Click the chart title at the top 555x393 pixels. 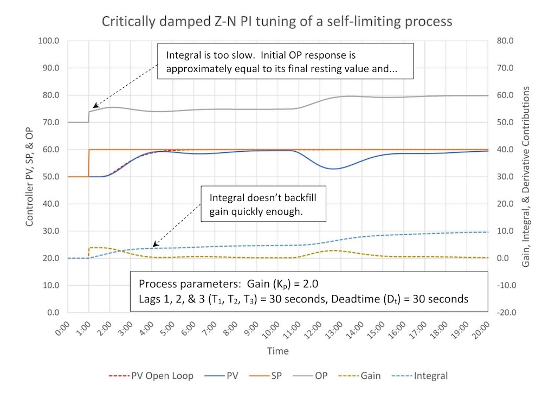coord(277,22)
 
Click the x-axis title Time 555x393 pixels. coord(277,351)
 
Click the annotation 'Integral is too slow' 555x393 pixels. coord(285,62)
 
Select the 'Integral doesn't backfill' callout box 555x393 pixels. coord(263,204)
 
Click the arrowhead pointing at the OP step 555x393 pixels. coord(94,106)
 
